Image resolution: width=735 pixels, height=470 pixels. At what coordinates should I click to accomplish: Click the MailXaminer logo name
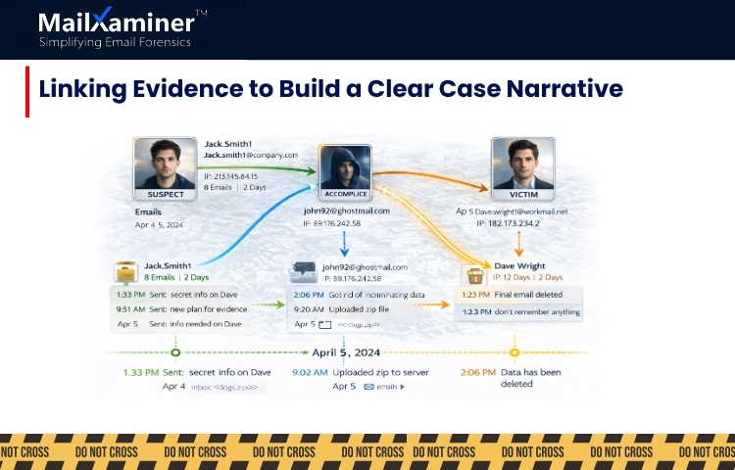pyautogui.click(x=115, y=22)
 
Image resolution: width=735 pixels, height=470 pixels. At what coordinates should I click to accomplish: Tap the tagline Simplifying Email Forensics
pyautogui.click(x=115, y=42)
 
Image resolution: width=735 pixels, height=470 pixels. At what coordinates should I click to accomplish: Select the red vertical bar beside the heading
pyautogui.click(x=27, y=91)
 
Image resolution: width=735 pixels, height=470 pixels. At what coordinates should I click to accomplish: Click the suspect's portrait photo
pyautogui.click(x=165, y=163)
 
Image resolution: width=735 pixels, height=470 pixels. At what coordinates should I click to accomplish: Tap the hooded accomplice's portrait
pyautogui.click(x=345, y=168)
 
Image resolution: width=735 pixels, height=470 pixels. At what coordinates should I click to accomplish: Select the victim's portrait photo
pyautogui.click(x=523, y=162)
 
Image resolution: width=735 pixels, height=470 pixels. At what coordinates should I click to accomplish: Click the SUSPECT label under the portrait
pyautogui.click(x=165, y=194)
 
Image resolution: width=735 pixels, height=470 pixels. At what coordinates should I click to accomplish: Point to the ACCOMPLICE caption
pyautogui.click(x=345, y=195)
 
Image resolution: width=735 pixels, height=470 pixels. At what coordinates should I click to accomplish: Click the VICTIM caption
pyautogui.click(x=523, y=194)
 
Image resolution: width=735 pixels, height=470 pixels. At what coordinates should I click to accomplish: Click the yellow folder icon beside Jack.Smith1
pyautogui.click(x=124, y=272)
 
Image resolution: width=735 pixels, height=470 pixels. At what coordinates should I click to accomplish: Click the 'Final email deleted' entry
pyautogui.click(x=536, y=293)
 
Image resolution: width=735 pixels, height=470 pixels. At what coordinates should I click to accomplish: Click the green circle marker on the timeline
pyautogui.click(x=174, y=352)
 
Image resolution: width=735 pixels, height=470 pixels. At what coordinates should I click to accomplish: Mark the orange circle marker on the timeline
pyautogui.click(x=514, y=352)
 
